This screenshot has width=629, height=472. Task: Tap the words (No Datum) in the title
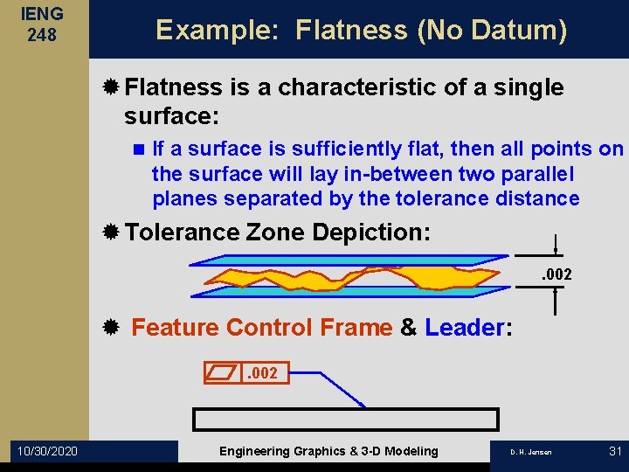493,31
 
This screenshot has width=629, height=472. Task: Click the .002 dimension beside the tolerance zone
556,274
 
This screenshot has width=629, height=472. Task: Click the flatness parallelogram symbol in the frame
221,373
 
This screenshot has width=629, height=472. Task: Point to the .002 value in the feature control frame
261,373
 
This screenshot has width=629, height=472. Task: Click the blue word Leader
464,328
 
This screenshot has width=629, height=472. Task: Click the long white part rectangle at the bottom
345,419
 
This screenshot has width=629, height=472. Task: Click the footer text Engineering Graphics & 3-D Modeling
328,451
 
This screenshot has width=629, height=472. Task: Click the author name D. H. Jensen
530,452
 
